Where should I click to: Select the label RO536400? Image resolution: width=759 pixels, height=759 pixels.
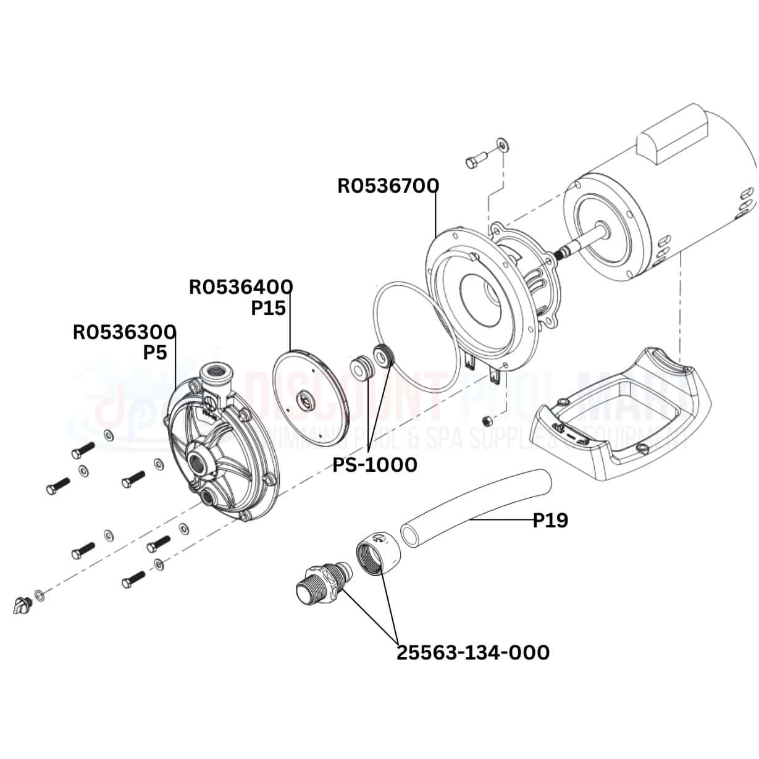(241, 287)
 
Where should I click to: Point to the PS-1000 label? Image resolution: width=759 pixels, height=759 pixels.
(375, 464)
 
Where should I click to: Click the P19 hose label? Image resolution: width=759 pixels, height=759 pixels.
(550, 521)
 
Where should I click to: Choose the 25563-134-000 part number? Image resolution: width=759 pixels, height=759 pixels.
(472, 652)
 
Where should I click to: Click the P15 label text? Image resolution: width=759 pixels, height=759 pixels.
(268, 308)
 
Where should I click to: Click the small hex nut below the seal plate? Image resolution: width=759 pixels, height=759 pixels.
(487, 421)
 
